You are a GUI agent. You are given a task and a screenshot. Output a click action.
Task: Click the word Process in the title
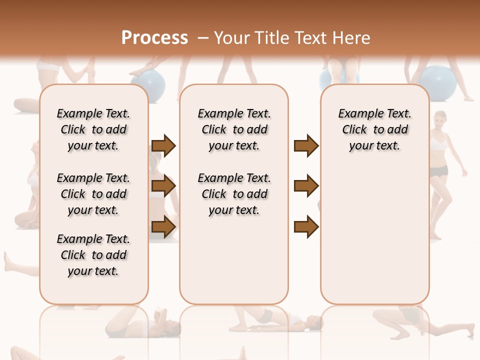[154, 37]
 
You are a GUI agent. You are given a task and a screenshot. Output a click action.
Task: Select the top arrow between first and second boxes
[163, 146]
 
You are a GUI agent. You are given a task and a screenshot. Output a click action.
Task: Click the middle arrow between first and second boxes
[163, 186]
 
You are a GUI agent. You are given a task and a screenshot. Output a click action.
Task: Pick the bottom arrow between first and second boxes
[163, 226]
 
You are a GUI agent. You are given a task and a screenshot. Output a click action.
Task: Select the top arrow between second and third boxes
[306, 146]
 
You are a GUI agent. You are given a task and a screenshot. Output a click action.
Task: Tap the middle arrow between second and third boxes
[306, 186]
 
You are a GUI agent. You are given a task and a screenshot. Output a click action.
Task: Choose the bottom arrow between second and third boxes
[306, 226]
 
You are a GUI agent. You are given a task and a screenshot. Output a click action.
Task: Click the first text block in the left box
[93, 129]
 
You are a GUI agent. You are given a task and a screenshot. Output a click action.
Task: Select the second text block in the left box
[93, 194]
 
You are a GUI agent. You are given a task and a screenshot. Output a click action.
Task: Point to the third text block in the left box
[93, 255]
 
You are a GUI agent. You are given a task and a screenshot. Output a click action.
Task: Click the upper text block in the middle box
[234, 129]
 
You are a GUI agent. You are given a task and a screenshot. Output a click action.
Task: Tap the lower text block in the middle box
[234, 194]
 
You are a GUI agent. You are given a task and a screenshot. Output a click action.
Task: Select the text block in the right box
[374, 129]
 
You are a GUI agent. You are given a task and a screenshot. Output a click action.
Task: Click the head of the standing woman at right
[440, 119]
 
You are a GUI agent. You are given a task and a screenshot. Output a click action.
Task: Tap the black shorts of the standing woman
[439, 171]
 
